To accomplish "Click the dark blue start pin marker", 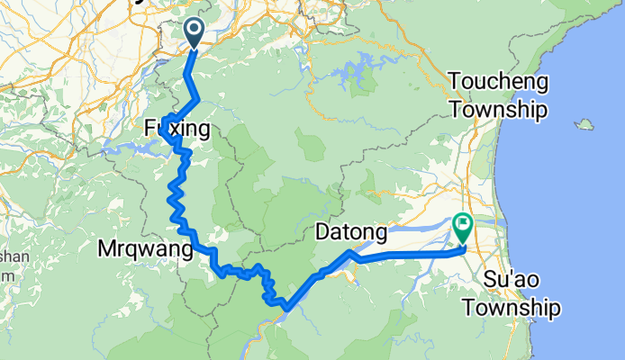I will [195, 33].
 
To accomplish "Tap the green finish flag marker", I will [464, 226].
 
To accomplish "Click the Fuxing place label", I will [177, 130].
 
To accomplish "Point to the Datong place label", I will [351, 234].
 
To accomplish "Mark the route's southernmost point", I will [285, 309].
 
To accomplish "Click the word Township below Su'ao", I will [511, 307].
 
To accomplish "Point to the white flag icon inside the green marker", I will [464, 222].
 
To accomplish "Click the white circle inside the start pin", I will [195, 29].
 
